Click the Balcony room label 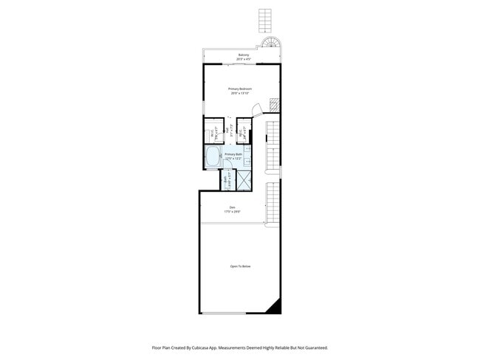(x=243, y=55)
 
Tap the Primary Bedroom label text (x=239, y=89)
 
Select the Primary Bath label (x=234, y=154)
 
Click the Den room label (x=232, y=207)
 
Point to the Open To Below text (x=240, y=266)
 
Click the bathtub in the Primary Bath (x=213, y=156)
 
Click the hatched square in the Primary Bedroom (x=273, y=105)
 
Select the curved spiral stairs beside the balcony (x=274, y=44)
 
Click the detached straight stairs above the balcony (x=265, y=21)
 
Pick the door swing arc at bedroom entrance (x=258, y=111)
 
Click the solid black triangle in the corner (x=275, y=305)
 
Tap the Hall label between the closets (x=227, y=131)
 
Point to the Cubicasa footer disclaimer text (x=239, y=347)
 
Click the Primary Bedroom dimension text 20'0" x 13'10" (x=239, y=93)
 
